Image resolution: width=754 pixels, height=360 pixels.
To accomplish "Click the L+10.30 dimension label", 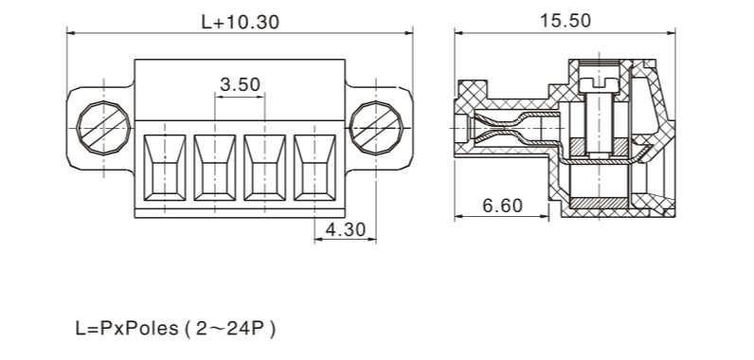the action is (x=240, y=22).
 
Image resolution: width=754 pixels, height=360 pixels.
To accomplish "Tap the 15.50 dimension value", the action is (x=565, y=21).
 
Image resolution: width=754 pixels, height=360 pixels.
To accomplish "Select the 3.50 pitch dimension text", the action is (x=240, y=84).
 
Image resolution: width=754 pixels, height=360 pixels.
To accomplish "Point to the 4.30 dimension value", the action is (x=345, y=230).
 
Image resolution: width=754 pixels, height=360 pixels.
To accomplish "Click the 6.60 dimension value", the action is (x=502, y=206).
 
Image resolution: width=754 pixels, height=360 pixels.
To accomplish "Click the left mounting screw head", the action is (x=103, y=128).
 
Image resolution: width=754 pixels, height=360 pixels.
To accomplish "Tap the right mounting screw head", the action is (x=375, y=128).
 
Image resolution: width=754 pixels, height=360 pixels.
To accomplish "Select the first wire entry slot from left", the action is (x=165, y=168).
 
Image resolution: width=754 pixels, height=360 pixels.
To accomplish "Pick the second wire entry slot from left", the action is (x=215, y=168).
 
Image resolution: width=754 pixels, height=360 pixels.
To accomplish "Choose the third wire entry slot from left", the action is (x=265, y=168).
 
